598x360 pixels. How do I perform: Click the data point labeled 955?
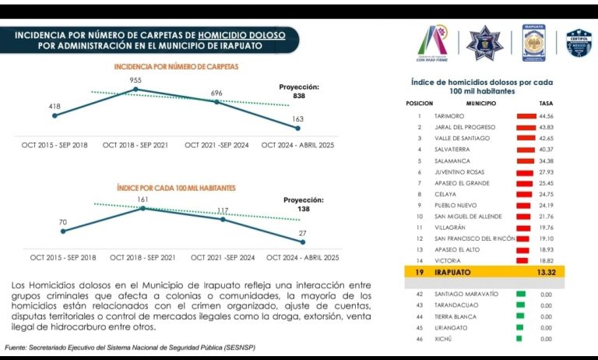[x=137, y=90]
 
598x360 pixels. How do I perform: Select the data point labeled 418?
[x=55, y=115]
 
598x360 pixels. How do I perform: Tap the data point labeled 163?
[x=297, y=129]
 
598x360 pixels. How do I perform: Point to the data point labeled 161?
[x=142, y=208]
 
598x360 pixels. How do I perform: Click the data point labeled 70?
[x=62, y=231]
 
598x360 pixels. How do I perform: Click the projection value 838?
[x=299, y=95]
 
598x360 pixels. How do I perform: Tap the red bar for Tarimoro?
[x=526, y=115]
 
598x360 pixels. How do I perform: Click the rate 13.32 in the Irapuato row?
[x=546, y=273]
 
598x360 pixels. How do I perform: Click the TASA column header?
[x=546, y=103]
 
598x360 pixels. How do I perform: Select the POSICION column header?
[x=419, y=103]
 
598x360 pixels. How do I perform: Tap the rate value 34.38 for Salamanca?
[x=546, y=161]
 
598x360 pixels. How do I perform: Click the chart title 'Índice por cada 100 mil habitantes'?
[x=176, y=188]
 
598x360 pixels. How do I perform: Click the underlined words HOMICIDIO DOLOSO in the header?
[x=241, y=35]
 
